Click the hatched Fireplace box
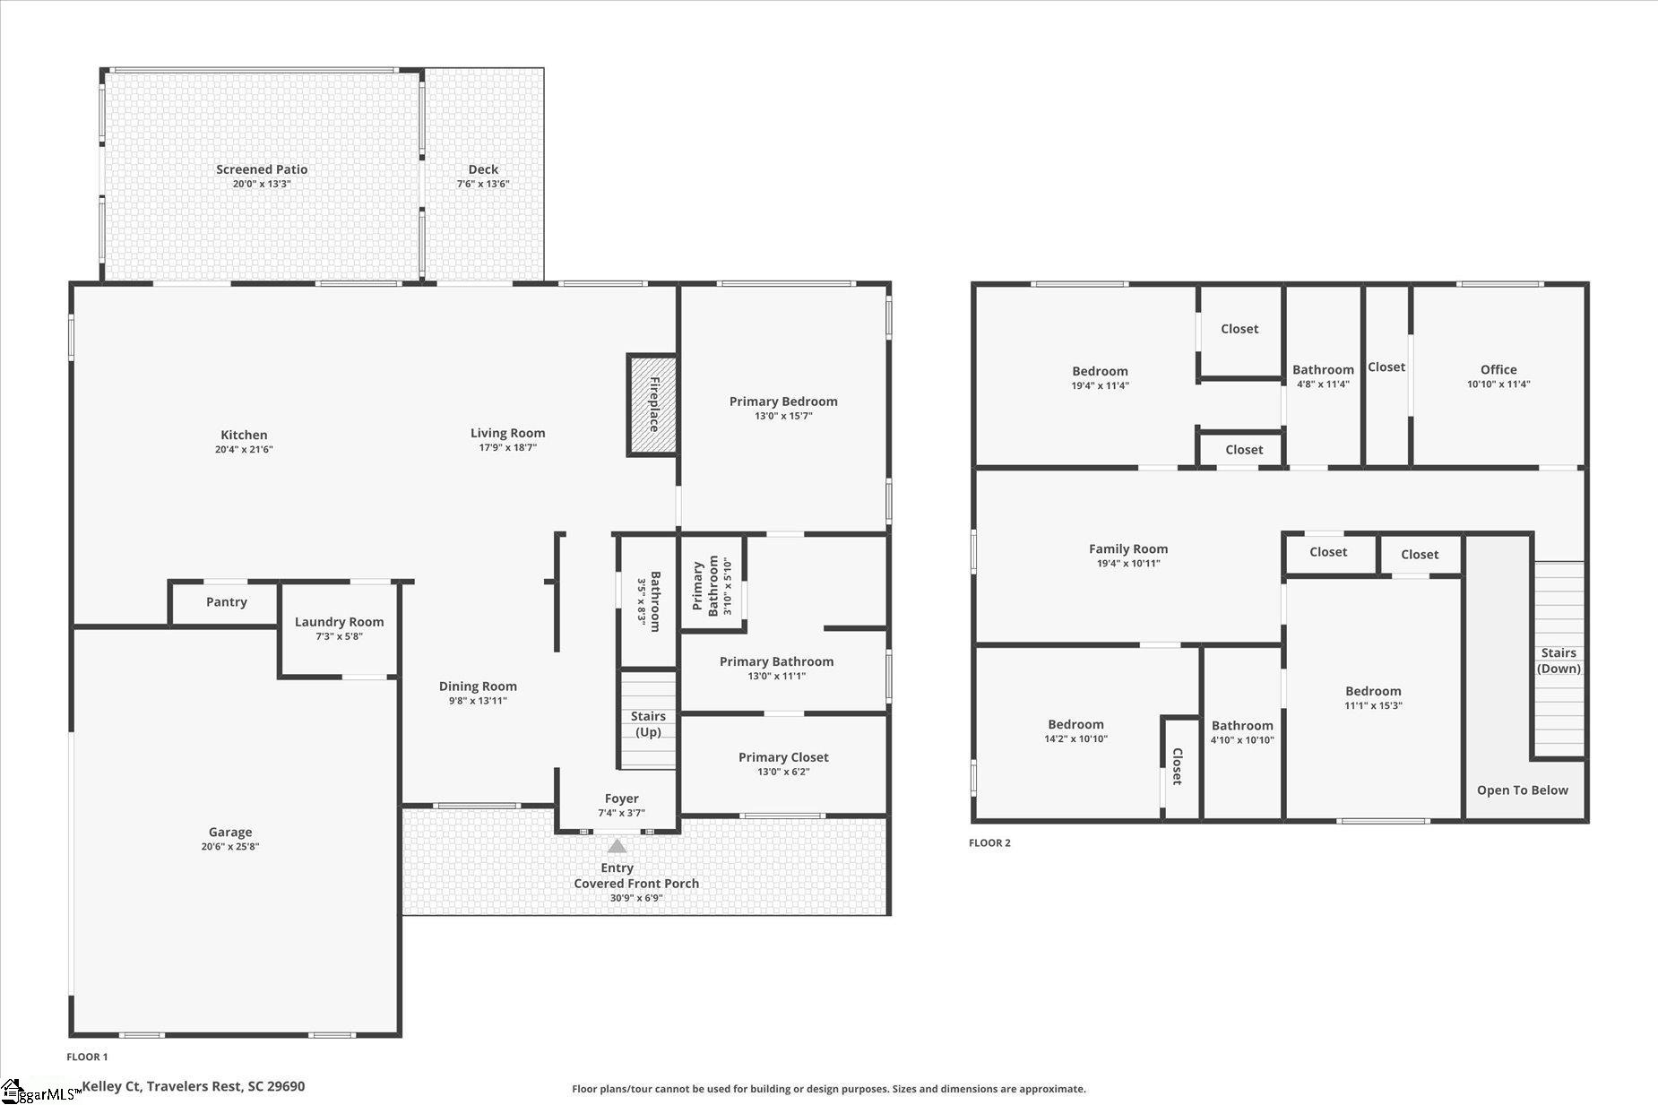point(652,404)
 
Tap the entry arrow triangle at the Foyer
point(617,845)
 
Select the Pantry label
point(227,602)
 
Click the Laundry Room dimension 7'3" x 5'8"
point(339,636)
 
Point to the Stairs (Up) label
point(648,724)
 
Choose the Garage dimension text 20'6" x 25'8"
point(230,846)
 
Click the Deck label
point(483,169)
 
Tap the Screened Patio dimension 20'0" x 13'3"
point(262,184)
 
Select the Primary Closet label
point(783,757)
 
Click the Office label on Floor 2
point(1498,369)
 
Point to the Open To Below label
point(1523,790)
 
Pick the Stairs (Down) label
point(1559,660)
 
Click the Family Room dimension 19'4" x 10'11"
point(1128,564)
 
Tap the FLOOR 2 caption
point(989,843)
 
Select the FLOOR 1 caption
point(87,1058)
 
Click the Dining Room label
point(478,686)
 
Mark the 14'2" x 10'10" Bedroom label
point(1075,724)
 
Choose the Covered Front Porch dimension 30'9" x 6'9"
point(636,898)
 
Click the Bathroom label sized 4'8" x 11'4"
point(1323,370)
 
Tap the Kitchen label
point(244,436)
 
